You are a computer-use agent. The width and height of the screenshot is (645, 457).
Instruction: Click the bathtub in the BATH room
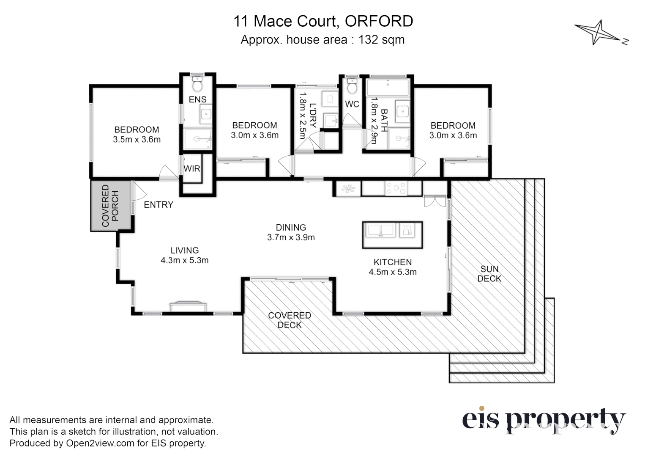[x=388, y=88]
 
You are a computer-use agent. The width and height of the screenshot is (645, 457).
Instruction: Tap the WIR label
[x=191, y=168]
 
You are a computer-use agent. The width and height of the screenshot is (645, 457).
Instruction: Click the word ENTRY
[x=159, y=205]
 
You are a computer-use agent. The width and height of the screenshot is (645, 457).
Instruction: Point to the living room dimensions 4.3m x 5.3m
[x=184, y=261]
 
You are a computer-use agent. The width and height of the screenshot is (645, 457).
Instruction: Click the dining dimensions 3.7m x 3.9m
[x=291, y=237]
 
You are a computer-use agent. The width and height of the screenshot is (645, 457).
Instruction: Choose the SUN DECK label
[x=489, y=274]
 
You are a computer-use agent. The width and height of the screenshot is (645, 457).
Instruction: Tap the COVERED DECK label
[x=290, y=320]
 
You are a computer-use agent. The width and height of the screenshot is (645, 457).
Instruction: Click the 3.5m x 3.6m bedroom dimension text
[x=137, y=140]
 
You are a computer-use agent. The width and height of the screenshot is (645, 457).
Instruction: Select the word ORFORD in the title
[x=379, y=21]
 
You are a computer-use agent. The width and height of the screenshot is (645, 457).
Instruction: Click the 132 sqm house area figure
[x=381, y=40]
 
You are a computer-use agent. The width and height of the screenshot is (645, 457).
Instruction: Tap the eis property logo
[x=543, y=420]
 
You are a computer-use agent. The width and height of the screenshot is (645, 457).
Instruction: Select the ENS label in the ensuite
[x=197, y=99]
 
